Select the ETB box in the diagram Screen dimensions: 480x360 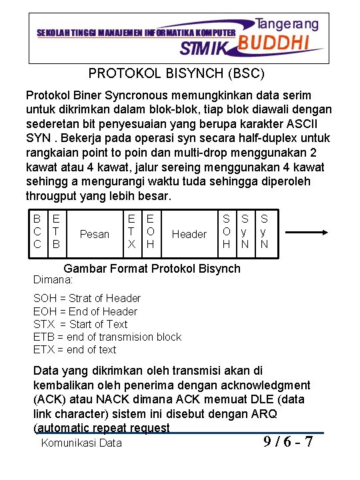[x=56, y=233]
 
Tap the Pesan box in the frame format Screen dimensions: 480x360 [x=94, y=234]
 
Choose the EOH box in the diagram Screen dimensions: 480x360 [x=151, y=233]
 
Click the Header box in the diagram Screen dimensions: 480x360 [x=189, y=234]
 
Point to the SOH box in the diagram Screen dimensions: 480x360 [x=227, y=233]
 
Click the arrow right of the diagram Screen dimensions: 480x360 [x=305, y=233]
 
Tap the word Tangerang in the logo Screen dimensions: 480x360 [x=287, y=23]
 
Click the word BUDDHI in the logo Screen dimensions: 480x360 [x=273, y=43]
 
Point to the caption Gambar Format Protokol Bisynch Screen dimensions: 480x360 [x=151, y=269]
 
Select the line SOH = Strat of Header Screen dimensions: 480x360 [x=87, y=298]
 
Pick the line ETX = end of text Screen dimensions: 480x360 [x=75, y=349]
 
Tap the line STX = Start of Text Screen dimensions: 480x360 [x=80, y=324]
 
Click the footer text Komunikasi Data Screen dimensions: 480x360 [x=81, y=443]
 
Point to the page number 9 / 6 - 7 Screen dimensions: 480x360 [x=287, y=442]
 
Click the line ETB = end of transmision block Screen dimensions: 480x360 [x=107, y=337]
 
